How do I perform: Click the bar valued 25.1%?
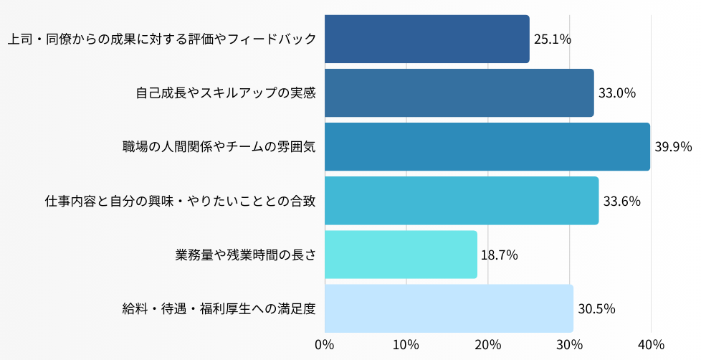pyautogui.click(x=426, y=39)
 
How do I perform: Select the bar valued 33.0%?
pyautogui.click(x=459, y=93)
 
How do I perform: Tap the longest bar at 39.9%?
pyautogui.click(x=487, y=147)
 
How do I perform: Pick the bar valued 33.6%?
pyautogui.click(x=461, y=201)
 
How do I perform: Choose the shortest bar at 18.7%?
pyautogui.click(x=401, y=255)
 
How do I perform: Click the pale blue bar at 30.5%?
pyautogui.click(x=449, y=308)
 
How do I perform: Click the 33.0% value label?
pyautogui.click(x=617, y=93)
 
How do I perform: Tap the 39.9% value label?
pyautogui.click(x=673, y=147)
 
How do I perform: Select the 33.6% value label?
pyautogui.click(x=621, y=201)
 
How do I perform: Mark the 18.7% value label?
pyautogui.click(x=500, y=255)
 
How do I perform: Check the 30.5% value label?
pyautogui.click(x=596, y=309)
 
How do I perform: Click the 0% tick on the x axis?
pyautogui.click(x=325, y=344)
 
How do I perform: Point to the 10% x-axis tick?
pyautogui.click(x=406, y=344)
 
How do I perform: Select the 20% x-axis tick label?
pyautogui.click(x=488, y=344)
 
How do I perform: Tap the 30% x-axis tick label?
pyautogui.click(x=569, y=344)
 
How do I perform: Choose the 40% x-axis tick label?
pyautogui.click(x=651, y=344)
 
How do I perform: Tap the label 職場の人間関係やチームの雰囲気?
pyautogui.click(x=219, y=147)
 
